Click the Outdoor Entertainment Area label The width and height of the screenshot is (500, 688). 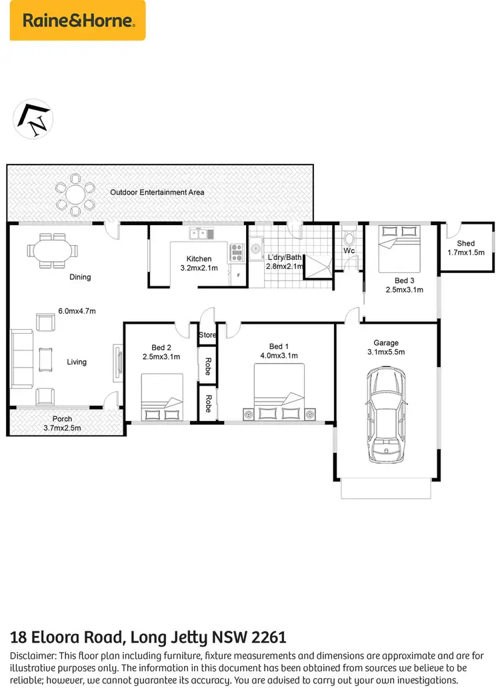pyautogui.click(x=157, y=192)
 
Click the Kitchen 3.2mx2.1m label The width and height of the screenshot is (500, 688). pyautogui.click(x=199, y=263)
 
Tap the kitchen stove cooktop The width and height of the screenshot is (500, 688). pyautogui.click(x=237, y=252)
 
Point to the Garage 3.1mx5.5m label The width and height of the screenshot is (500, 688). pyautogui.click(x=386, y=348)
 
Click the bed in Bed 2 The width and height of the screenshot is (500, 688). pyautogui.click(x=162, y=397)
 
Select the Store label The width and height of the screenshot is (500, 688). pyautogui.click(x=208, y=334)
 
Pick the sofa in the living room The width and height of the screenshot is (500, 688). pyautogui.click(x=21, y=359)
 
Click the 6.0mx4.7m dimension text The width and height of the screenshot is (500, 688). pyautogui.click(x=77, y=310)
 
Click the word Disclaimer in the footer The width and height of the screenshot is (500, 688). pyautogui.click(x=33, y=656)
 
